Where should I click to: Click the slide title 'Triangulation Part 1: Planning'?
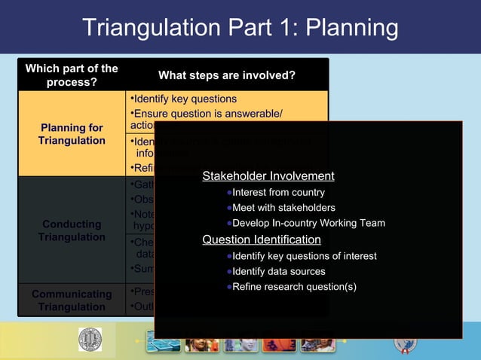tap(240, 28)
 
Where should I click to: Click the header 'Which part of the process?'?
tap(72, 75)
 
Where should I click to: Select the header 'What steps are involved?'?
tap(226, 75)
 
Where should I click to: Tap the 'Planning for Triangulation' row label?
tap(72, 134)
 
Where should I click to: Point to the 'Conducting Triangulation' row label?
tap(72, 230)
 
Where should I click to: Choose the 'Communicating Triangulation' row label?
tap(72, 301)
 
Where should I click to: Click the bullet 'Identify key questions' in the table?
tap(185, 99)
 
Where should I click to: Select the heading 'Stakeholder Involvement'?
tap(268, 176)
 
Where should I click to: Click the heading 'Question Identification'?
tap(262, 239)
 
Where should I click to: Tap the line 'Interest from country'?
tap(278, 193)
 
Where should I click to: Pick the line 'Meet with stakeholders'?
tap(283, 208)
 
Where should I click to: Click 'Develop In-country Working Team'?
tap(308, 223)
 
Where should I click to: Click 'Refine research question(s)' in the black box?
tap(294, 286)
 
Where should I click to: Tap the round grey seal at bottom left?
tap(90, 340)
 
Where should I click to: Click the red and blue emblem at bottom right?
tap(405, 343)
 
